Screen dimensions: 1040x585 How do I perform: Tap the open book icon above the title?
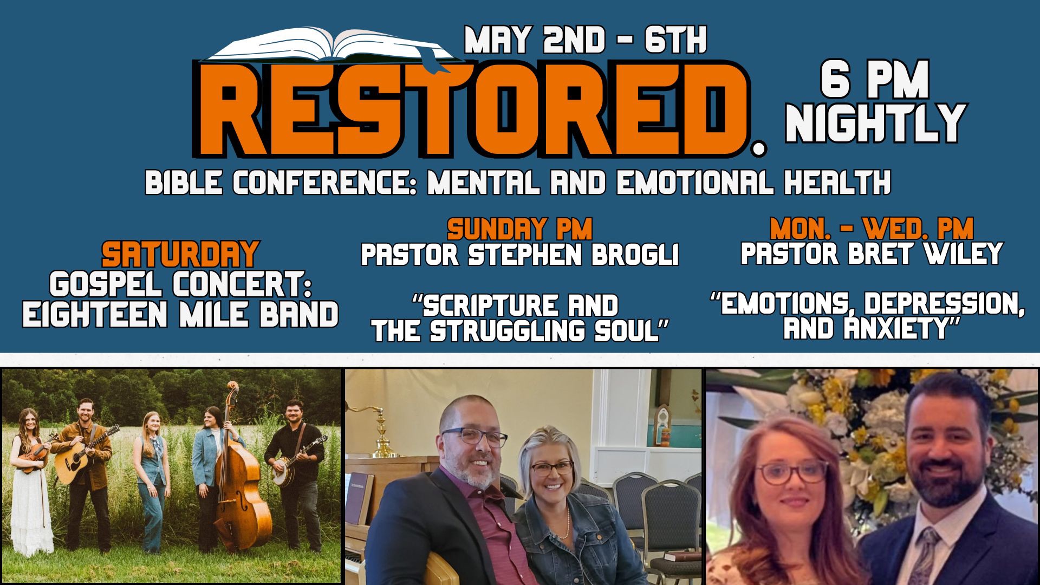[331, 46]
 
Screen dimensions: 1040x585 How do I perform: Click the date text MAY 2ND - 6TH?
[586, 41]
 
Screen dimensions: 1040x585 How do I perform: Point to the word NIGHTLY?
[875, 123]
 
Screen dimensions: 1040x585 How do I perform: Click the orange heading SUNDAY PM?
[519, 230]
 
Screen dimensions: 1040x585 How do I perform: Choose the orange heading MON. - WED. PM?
[872, 229]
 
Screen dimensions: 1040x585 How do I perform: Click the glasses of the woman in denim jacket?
[552, 468]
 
